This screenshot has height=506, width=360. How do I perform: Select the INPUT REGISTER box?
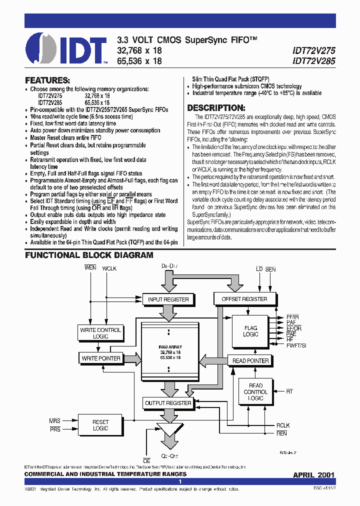click(x=168, y=299)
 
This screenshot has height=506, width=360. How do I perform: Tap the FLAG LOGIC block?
click(x=250, y=331)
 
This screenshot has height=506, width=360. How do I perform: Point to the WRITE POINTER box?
click(x=100, y=358)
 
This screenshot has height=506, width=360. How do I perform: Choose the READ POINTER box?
click(x=250, y=360)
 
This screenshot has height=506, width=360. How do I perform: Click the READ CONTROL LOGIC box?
click(x=255, y=391)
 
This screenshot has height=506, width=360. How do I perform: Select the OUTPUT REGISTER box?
click(x=168, y=403)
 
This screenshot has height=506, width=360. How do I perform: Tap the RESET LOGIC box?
click(x=100, y=425)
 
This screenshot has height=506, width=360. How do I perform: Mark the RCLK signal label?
click(x=282, y=425)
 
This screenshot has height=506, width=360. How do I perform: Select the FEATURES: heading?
click(x=47, y=80)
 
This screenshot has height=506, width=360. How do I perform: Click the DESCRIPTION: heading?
click(x=216, y=108)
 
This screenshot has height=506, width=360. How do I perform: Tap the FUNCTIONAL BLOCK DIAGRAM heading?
click(x=89, y=255)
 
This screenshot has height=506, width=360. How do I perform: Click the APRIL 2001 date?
click(x=313, y=474)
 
